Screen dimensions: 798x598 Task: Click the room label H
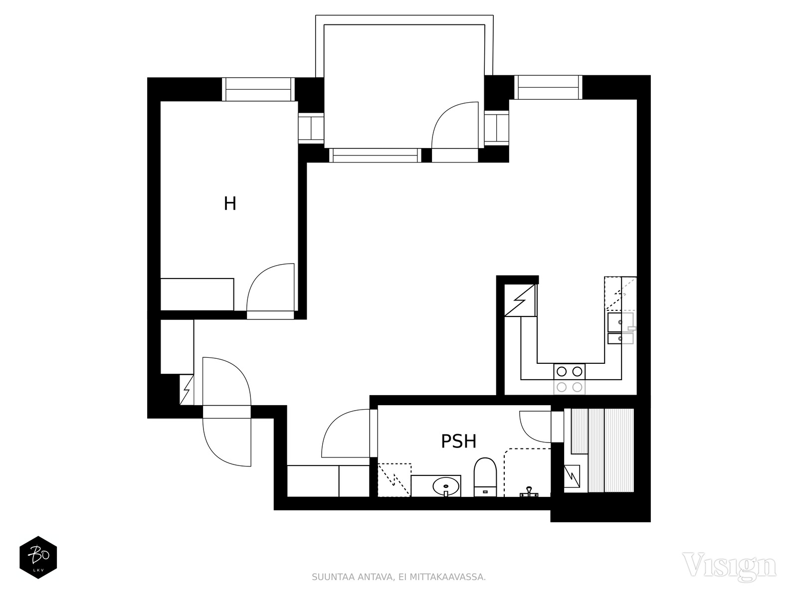click(230, 203)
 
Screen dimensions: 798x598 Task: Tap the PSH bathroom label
click(459, 441)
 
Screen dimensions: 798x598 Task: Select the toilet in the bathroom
click(485, 477)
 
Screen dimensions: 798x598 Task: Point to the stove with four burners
click(570, 379)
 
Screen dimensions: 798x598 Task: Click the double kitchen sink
click(620, 328)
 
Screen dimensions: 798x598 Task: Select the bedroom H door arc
click(270, 287)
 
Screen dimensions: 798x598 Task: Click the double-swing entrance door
click(226, 412)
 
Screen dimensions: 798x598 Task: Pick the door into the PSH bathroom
click(346, 433)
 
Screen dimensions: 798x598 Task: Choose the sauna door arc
click(535, 426)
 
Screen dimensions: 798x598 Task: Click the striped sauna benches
click(602, 450)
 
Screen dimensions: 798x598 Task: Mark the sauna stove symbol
click(572, 475)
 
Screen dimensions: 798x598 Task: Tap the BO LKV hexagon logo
click(38, 557)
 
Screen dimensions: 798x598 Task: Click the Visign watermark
click(729, 565)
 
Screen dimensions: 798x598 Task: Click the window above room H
click(258, 89)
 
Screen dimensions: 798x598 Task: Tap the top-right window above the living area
click(548, 87)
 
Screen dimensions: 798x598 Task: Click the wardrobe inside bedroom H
click(197, 294)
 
